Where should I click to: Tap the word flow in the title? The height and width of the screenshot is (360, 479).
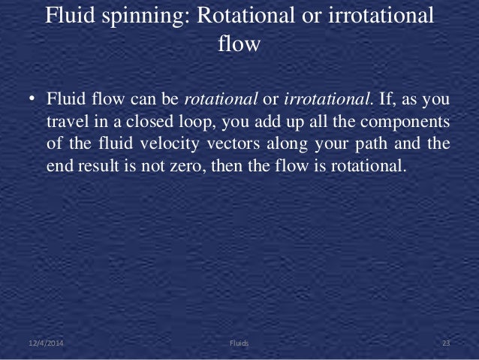tap(239, 44)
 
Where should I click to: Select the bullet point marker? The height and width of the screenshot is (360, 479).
tap(32, 100)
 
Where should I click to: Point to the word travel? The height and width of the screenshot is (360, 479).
tap(68, 122)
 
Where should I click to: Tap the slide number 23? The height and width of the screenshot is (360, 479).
tap(445, 343)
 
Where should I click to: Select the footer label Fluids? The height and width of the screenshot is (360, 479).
tap(239, 343)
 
